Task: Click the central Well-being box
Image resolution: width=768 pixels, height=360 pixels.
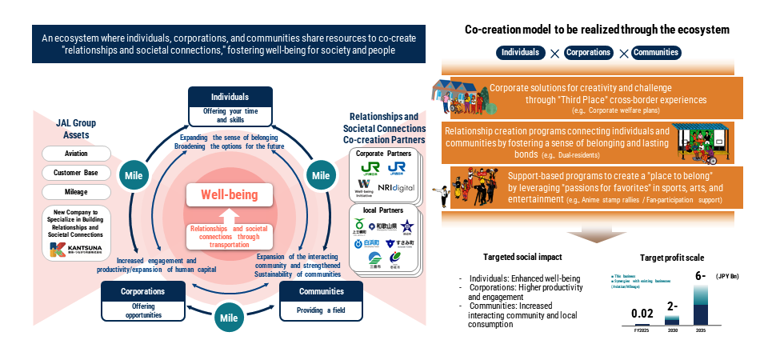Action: point(226,194)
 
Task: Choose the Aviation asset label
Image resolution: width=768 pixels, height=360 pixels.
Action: point(75,154)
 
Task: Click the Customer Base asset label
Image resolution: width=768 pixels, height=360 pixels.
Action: point(75,173)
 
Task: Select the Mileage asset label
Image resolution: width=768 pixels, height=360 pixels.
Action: point(75,192)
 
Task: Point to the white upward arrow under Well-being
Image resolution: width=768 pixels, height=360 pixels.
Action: point(226,215)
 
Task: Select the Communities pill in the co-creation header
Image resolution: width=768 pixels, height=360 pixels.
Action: point(656,53)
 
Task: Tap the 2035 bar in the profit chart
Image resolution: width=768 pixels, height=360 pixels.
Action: point(702,307)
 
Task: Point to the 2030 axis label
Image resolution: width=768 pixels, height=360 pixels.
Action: point(672,330)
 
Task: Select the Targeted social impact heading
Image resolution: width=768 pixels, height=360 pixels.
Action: point(522,258)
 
